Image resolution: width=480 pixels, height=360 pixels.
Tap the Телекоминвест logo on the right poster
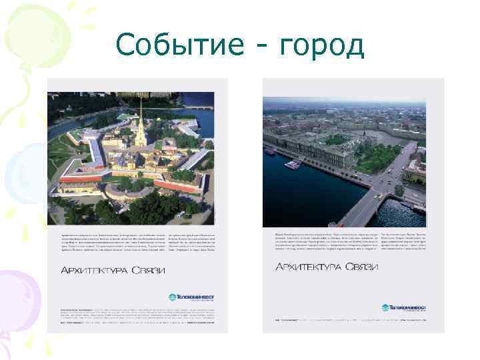tap(404, 307)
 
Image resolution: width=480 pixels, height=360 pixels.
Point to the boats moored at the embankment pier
tap(294, 163)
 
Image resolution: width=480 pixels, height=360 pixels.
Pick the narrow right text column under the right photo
tap(403, 243)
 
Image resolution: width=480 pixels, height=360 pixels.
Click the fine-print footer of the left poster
tap(137, 320)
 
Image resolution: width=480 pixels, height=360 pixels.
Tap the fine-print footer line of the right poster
tap(343, 320)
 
